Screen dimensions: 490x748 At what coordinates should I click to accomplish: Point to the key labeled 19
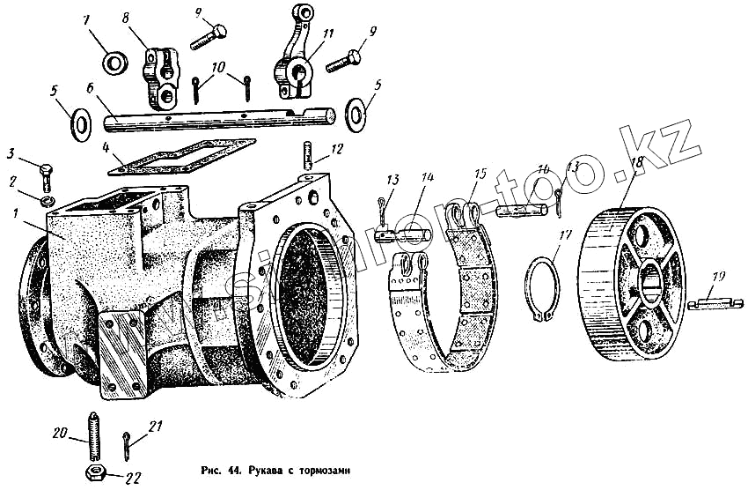click(x=716, y=301)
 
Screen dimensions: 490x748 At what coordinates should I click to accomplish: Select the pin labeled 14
click(x=401, y=236)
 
